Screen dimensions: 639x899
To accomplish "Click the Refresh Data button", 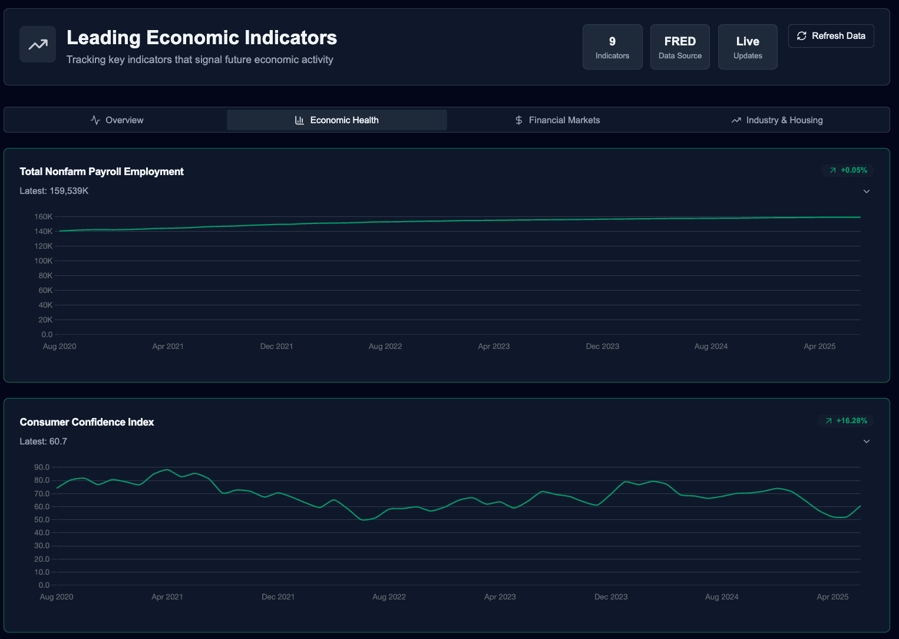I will click(831, 36).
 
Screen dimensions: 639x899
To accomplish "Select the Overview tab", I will click(117, 120).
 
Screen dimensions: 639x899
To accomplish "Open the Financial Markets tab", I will click(557, 120).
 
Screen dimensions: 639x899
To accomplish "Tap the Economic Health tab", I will click(337, 120).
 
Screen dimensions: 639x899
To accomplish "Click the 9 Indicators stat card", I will click(612, 47).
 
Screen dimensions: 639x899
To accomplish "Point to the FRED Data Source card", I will click(680, 47).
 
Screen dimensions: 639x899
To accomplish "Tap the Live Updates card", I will click(748, 47).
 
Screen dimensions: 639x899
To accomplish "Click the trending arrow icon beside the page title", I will click(38, 44).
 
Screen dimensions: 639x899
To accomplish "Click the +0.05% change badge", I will click(848, 170).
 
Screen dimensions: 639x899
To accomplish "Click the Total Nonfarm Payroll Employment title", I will click(102, 172).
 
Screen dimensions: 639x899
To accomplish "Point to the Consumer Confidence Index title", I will click(87, 422).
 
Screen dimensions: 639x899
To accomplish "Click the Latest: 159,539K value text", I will click(54, 191).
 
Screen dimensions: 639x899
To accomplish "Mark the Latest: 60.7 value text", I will click(43, 442).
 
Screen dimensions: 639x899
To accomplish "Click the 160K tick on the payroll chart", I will click(44, 217).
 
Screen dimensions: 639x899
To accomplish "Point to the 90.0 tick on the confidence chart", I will click(42, 467).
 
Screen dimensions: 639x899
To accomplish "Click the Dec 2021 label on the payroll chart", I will click(276, 347).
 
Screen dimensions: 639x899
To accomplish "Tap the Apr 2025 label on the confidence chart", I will click(832, 597).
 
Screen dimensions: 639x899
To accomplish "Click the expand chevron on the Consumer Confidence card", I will click(867, 442).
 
